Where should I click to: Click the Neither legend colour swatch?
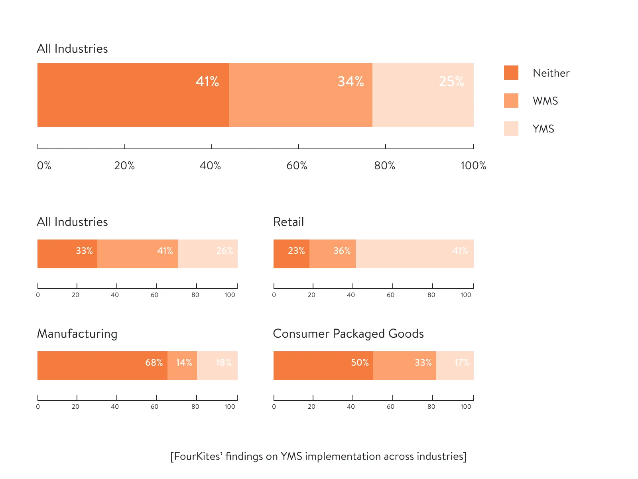point(511,73)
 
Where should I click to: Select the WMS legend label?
point(545,101)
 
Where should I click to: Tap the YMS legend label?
point(543,129)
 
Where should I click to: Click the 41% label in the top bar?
point(207,81)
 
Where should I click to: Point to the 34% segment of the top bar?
point(301,95)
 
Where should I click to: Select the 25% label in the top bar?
point(451,81)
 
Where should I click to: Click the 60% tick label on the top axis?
point(297,165)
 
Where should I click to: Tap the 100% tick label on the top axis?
point(473,165)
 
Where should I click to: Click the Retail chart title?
point(288,222)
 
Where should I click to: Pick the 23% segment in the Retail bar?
point(291,254)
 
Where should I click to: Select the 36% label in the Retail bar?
point(342,251)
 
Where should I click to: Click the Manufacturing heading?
point(77,333)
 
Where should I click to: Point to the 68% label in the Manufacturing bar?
point(154,362)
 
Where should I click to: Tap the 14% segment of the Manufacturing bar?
point(182,366)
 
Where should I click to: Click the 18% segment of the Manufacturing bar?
point(217,366)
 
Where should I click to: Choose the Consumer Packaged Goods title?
point(348,333)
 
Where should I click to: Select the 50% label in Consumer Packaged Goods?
point(360,362)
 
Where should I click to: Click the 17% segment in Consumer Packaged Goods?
point(455,366)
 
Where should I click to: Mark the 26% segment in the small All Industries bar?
point(208,254)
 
